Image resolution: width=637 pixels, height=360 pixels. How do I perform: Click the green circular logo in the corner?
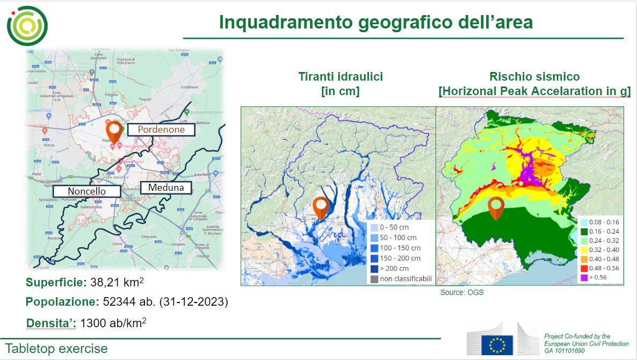click(27, 25)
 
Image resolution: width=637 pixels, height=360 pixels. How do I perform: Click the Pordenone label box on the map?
click(161, 129)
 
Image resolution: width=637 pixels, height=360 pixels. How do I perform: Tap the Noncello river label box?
click(86, 191)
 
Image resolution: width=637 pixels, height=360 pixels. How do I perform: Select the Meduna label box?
click(165, 188)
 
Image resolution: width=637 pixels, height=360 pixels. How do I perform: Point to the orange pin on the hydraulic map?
click(321, 207)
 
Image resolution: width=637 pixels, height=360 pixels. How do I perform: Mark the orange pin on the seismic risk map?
click(496, 208)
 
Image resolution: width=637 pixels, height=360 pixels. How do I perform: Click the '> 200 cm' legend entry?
click(395, 268)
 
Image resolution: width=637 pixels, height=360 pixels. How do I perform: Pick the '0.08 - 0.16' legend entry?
click(600, 222)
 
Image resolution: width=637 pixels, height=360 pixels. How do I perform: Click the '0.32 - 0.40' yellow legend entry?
click(600, 249)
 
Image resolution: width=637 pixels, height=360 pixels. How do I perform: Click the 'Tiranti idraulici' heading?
click(341, 76)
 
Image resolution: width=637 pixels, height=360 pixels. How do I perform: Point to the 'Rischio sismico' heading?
click(534, 76)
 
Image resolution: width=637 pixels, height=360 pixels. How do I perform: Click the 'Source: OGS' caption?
click(462, 292)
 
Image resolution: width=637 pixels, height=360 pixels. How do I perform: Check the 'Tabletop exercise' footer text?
click(56, 348)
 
